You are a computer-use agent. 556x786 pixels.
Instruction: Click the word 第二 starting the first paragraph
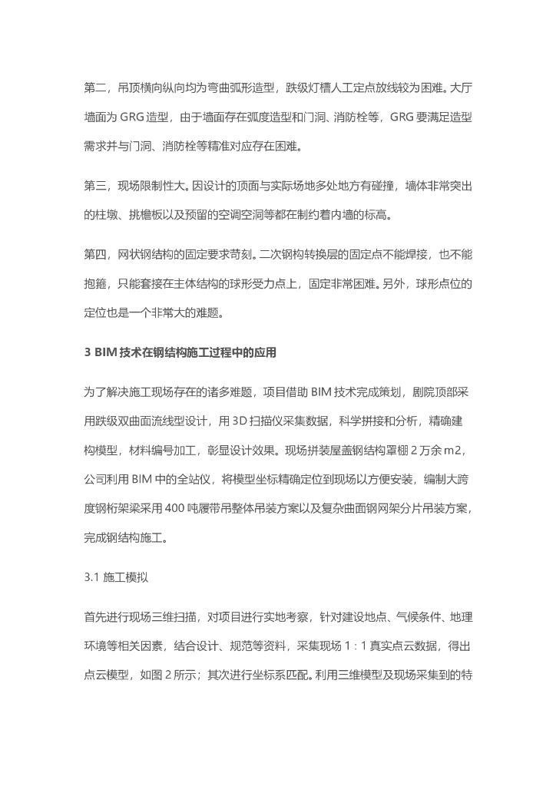[96, 88]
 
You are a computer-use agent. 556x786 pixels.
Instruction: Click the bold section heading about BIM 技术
[179, 352]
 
